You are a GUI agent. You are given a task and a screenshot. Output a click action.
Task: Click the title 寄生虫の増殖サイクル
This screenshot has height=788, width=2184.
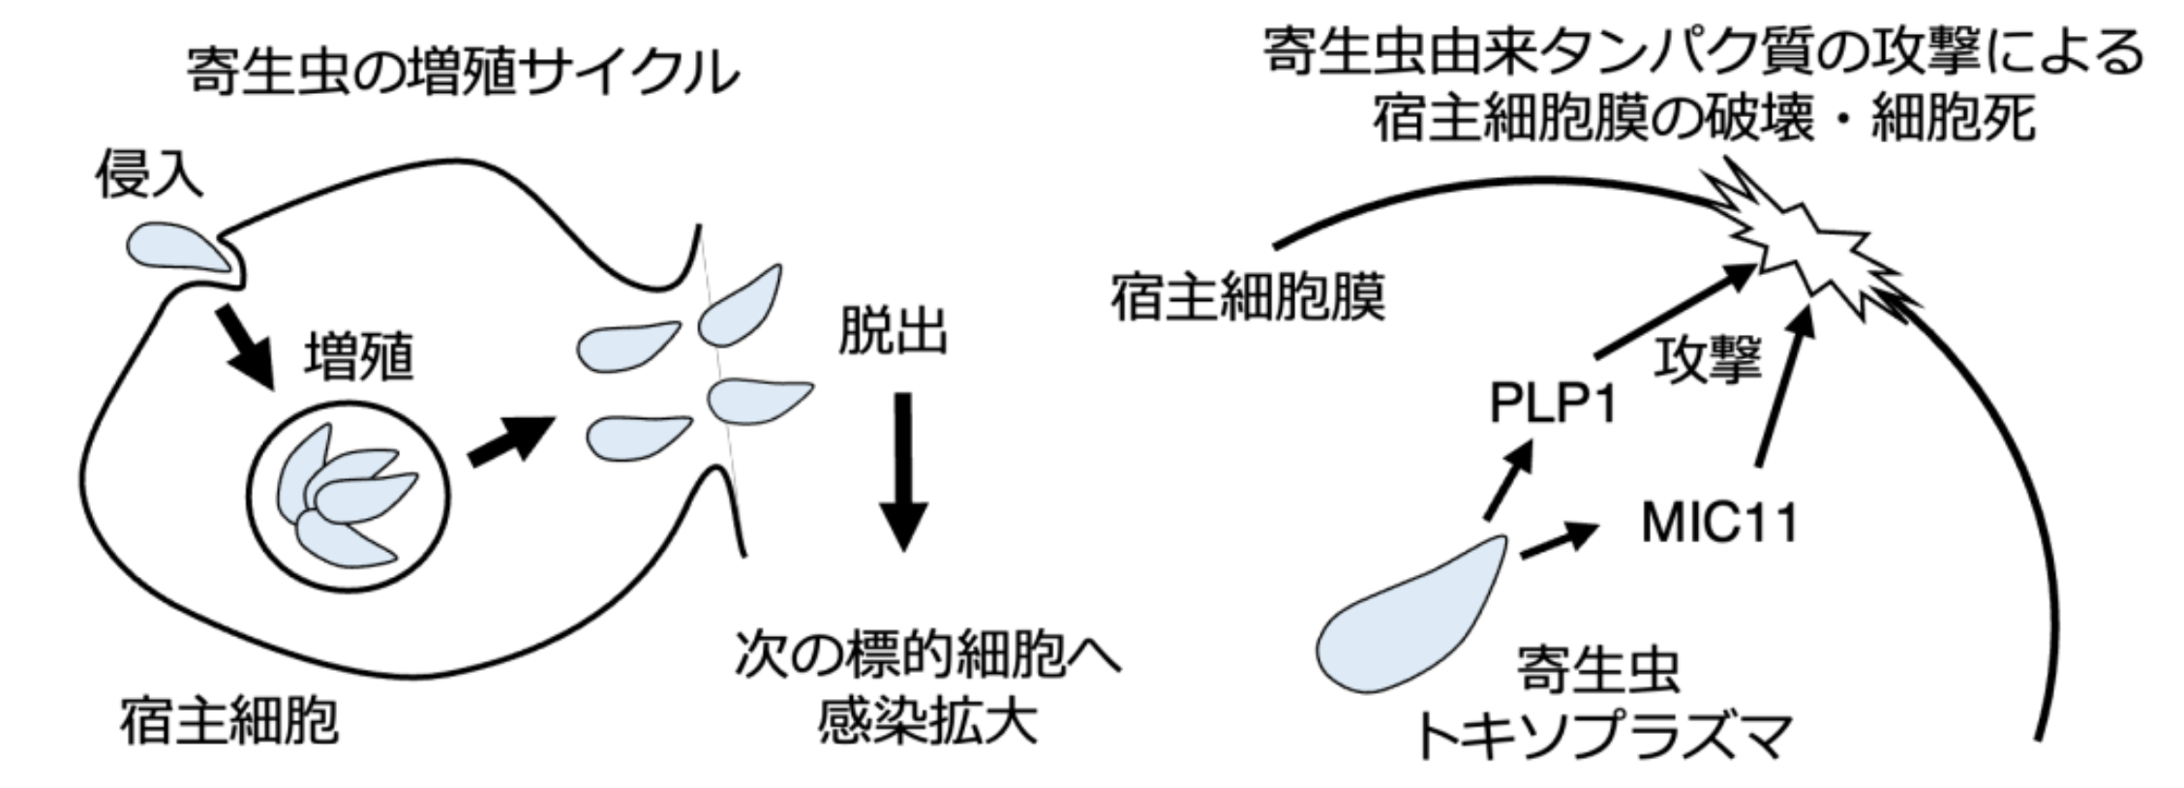click(462, 73)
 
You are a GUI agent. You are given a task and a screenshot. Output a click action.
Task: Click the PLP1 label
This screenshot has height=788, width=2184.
click(1553, 406)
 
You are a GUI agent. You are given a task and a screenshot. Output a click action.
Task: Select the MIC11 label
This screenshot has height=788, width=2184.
click(1719, 524)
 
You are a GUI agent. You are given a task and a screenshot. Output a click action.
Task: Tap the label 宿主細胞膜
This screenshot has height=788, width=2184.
click(1247, 296)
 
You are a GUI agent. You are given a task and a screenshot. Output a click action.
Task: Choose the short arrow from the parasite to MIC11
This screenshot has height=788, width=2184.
click(1559, 539)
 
